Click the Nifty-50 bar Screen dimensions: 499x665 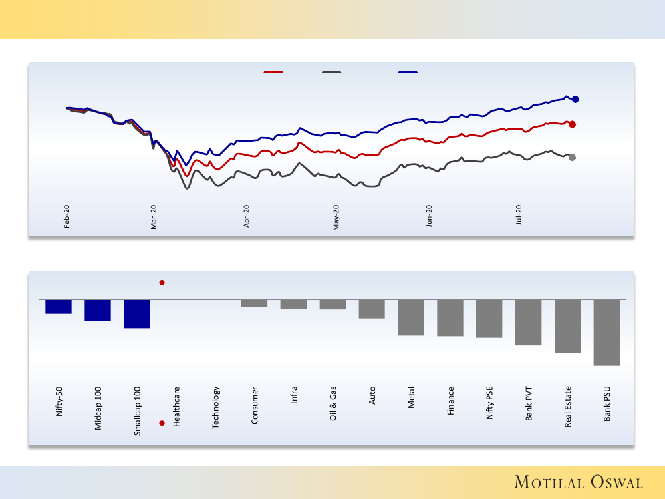59,307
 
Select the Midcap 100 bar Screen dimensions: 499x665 98,310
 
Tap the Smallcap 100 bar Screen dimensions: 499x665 137,313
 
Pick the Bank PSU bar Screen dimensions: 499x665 606,332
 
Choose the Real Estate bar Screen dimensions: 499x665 567,326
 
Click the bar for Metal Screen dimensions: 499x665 411,317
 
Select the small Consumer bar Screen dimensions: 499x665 254,303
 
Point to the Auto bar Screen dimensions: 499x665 372,309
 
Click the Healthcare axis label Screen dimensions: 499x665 177,407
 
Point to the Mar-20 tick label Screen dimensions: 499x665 154,216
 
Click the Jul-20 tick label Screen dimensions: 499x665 519,216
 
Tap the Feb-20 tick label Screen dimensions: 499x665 67,216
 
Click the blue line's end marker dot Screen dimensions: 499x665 576,100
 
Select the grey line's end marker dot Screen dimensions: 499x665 573,158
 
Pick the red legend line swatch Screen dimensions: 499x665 273,72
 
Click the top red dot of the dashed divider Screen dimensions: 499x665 162,283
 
